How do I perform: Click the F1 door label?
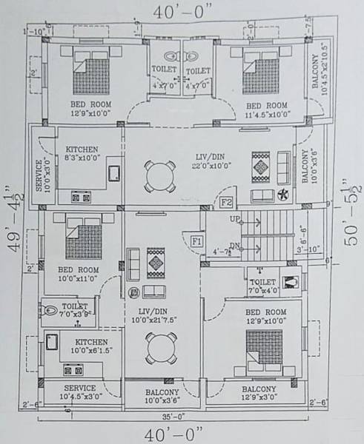pos(196,240)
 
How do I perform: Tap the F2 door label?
pos(228,201)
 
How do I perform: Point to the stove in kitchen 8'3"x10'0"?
pos(79,197)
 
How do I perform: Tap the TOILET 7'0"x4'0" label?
pos(264,286)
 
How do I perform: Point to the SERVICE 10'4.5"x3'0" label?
pos(81,392)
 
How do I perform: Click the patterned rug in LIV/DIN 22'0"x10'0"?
pos(261,166)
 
